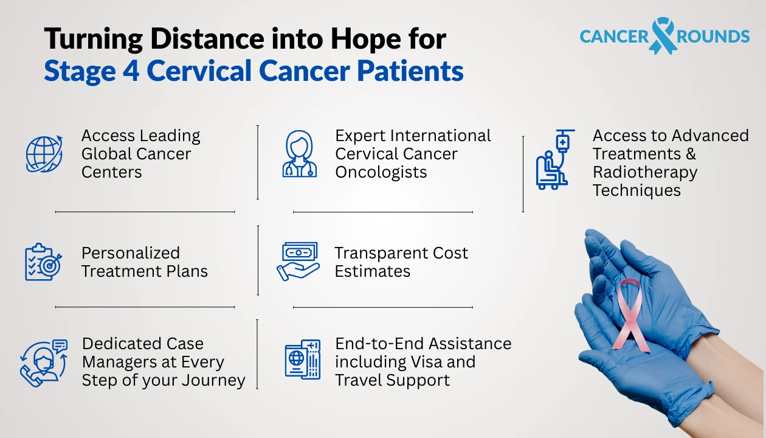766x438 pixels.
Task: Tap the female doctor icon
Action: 300,155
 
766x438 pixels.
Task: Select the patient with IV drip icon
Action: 555,159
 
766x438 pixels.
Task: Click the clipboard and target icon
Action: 43,262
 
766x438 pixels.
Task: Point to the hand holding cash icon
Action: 298,262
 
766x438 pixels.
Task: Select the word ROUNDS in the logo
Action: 713,36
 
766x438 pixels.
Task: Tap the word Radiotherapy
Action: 644,172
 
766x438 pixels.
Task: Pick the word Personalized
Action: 130,253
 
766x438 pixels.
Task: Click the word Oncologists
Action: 381,172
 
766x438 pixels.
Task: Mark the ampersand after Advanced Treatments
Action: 689,154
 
